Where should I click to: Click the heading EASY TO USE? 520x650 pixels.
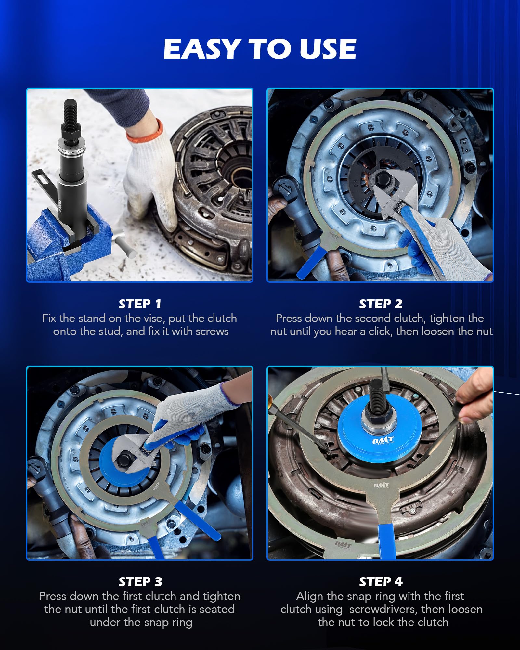coord(260,49)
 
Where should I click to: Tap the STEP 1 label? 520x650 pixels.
coord(140,304)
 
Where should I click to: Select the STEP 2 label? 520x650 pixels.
coord(381,304)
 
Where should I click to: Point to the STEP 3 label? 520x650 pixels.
coord(140,582)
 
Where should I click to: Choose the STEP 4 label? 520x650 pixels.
coord(381,582)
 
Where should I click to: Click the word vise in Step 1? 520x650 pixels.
coord(153,318)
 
